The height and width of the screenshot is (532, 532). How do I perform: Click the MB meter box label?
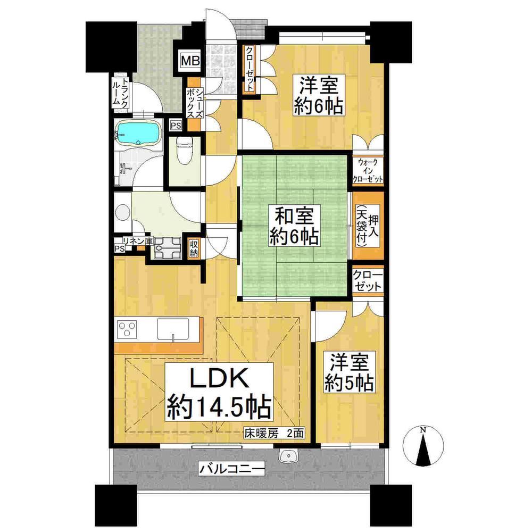click(x=190, y=61)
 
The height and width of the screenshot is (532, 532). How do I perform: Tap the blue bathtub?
click(x=138, y=134)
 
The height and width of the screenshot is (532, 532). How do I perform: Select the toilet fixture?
click(x=185, y=151)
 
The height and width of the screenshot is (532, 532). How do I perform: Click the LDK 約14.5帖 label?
click(x=219, y=392)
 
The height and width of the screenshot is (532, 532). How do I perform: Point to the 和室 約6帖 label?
click(x=294, y=226)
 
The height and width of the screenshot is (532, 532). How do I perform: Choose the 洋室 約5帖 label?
click(x=349, y=372)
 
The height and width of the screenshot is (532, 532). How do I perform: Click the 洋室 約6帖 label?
click(x=318, y=95)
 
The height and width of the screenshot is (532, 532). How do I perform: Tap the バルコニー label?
click(x=231, y=470)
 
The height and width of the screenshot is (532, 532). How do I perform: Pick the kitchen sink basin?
click(x=173, y=328)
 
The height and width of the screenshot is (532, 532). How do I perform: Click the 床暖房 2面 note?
click(x=274, y=433)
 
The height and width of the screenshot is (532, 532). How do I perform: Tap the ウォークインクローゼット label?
click(x=368, y=170)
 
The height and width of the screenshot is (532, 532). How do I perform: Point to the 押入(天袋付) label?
click(x=368, y=226)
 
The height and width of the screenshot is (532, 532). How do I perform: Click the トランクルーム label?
click(x=121, y=92)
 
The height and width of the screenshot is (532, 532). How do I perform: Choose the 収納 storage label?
click(x=194, y=248)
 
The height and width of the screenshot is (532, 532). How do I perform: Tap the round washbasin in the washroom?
click(x=122, y=212)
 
